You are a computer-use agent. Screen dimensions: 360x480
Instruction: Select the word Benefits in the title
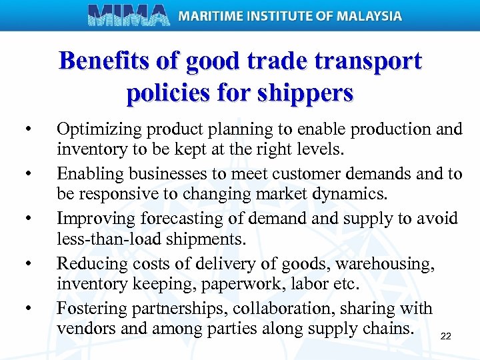[x=107, y=61]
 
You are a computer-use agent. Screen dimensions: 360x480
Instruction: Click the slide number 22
[x=446, y=336]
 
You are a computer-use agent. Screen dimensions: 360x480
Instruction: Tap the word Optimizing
[x=97, y=129]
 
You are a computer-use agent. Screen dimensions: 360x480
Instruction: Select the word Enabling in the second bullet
[x=88, y=174]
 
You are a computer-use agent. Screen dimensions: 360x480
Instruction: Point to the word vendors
[x=83, y=328]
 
